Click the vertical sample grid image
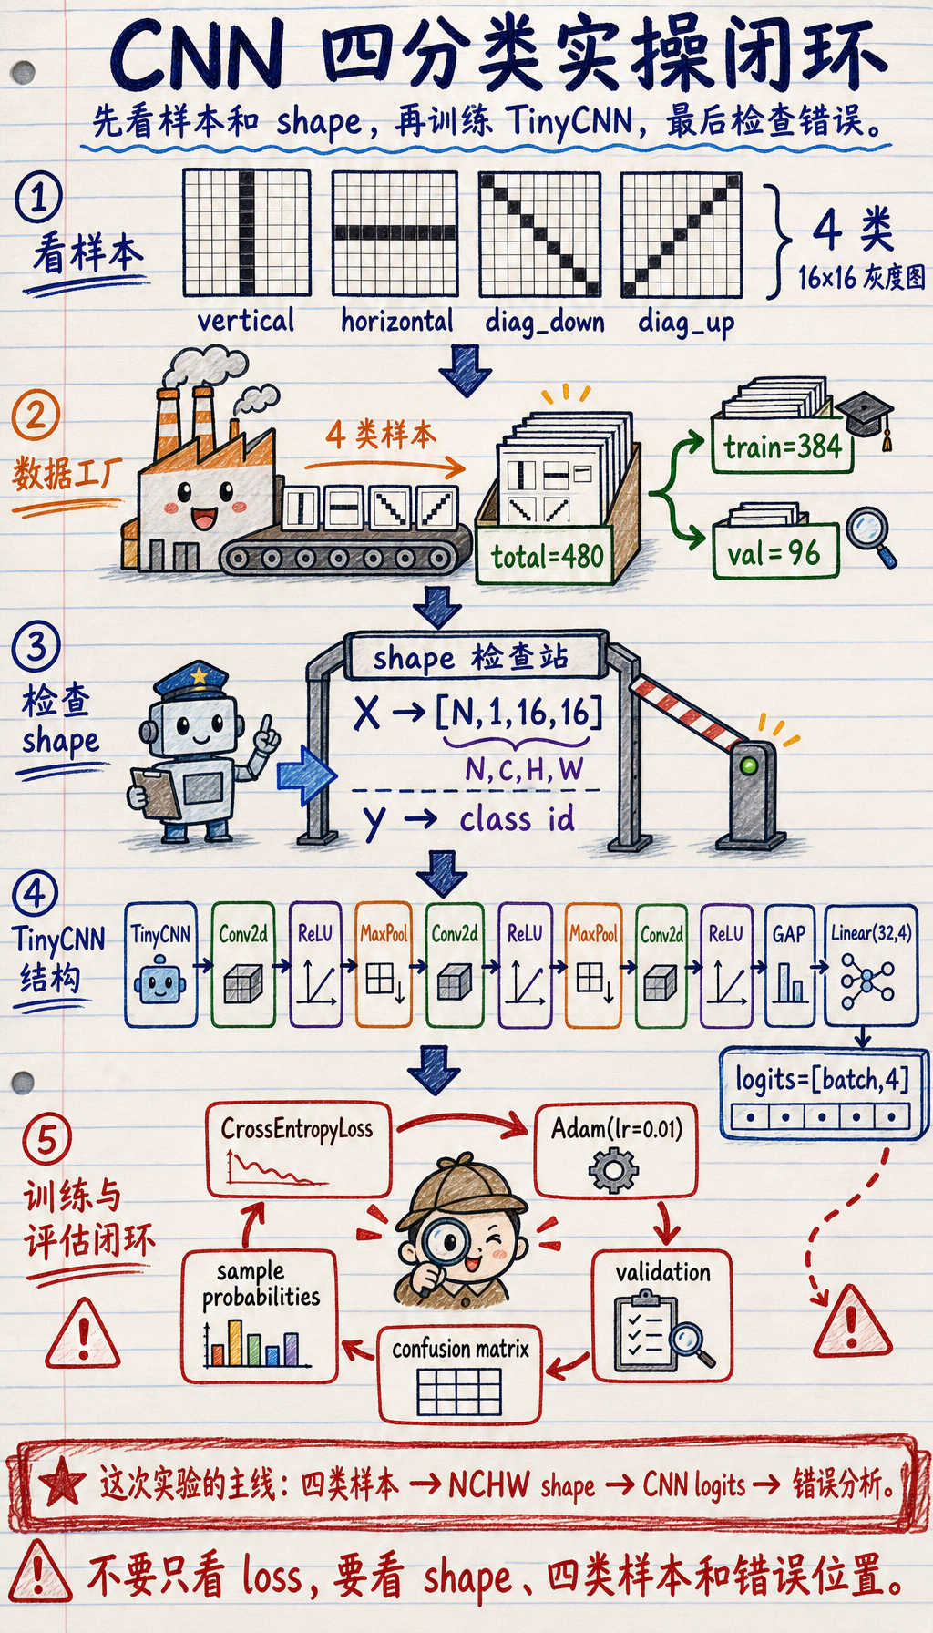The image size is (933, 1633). tap(247, 232)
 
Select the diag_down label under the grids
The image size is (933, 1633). tap(544, 322)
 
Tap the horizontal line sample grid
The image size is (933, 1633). tap(395, 232)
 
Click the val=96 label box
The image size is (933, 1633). tap(774, 552)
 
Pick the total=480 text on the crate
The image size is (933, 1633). tap(548, 555)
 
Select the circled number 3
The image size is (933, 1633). tap(36, 646)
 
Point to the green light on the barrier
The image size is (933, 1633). tap(749, 765)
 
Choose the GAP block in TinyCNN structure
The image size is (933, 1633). tap(789, 965)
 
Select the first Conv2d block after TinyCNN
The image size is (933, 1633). tap(243, 965)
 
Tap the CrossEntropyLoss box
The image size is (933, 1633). tap(298, 1149)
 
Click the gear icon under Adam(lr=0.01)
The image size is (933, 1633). tap(613, 1169)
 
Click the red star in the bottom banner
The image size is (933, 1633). tap(63, 1482)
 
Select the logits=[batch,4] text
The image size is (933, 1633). tap(823, 1080)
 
